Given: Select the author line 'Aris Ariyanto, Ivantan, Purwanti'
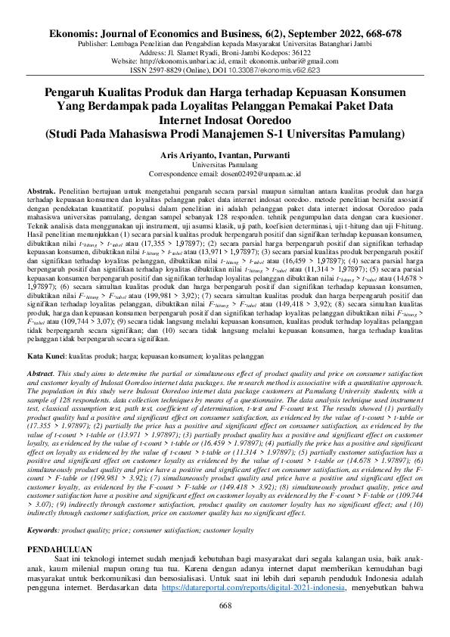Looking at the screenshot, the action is pos(225,153).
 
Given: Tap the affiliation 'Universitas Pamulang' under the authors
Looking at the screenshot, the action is pos(225,163).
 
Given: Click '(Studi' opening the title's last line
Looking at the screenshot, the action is pos(64,133).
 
